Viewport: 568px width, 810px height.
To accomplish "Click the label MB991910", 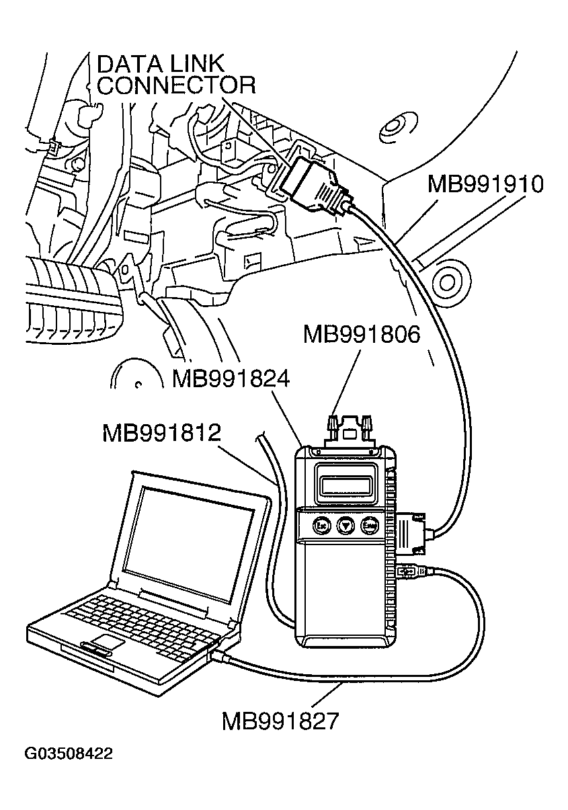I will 485,184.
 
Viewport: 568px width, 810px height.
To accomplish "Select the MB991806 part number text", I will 361,334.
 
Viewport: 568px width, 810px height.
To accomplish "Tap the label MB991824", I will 230,379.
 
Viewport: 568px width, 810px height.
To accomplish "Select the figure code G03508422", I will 69,754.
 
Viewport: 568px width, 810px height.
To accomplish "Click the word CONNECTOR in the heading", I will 177,85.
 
